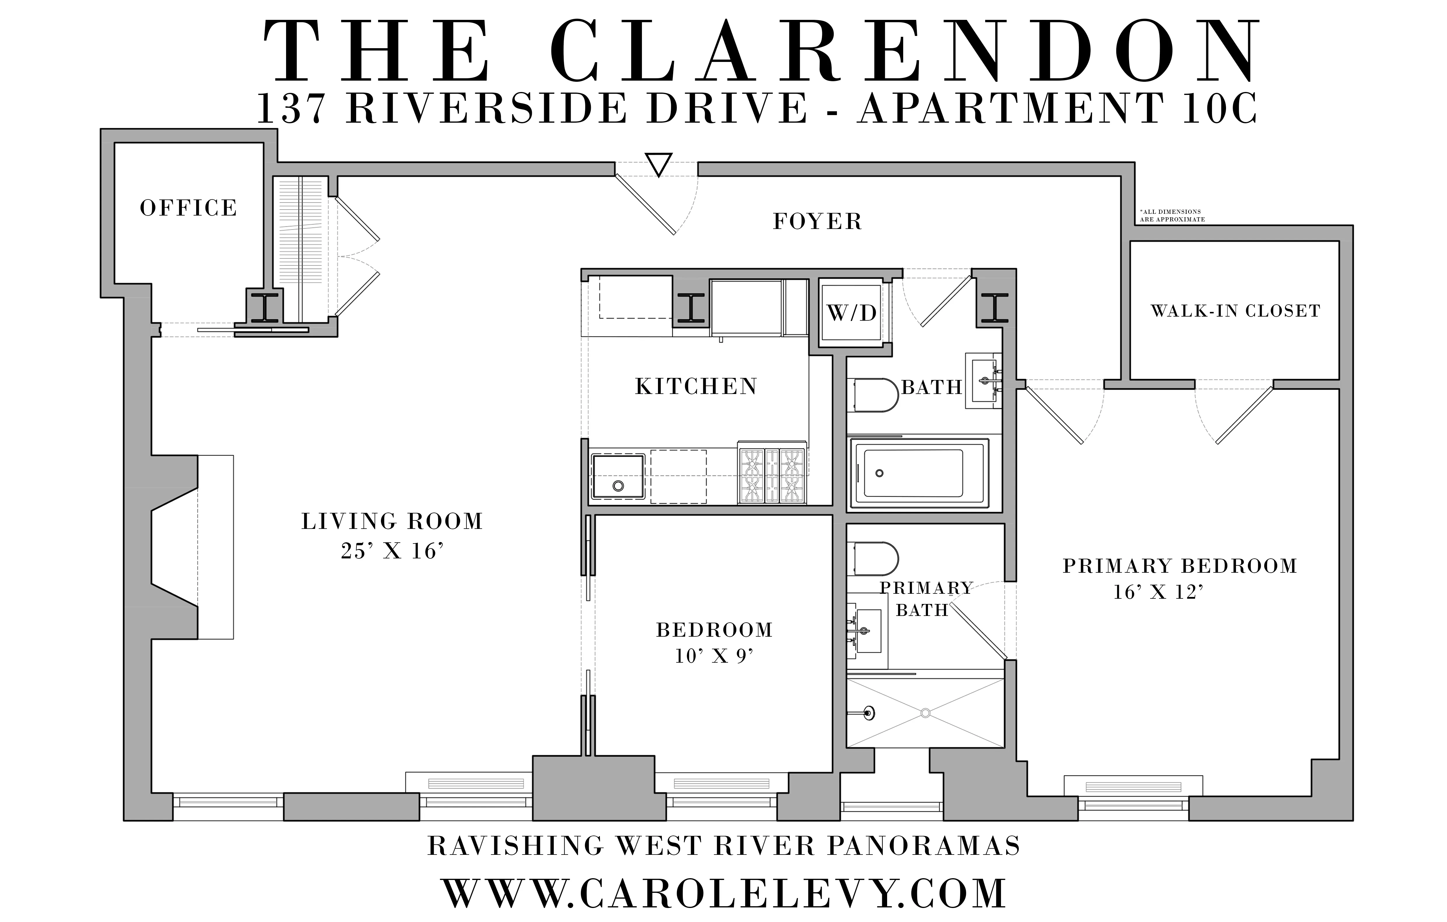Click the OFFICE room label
click(188, 208)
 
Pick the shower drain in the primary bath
click(925, 713)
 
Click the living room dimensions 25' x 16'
click(392, 551)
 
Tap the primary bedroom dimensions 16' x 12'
click(1158, 593)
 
